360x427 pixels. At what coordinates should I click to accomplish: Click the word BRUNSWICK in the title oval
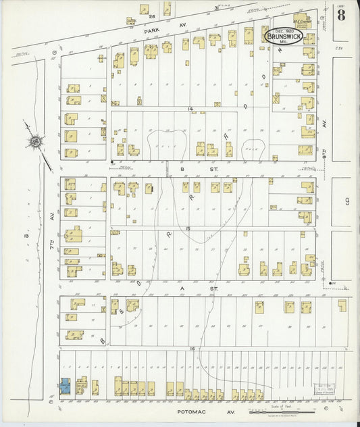[x=282, y=36]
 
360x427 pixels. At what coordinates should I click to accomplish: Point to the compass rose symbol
[x=33, y=142]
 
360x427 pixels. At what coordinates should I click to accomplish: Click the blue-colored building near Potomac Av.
[x=66, y=386]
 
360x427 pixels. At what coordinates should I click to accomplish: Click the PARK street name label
[x=149, y=30]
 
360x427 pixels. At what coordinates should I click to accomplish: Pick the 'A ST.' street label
[x=182, y=286]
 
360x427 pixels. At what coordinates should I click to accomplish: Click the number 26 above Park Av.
[x=152, y=15]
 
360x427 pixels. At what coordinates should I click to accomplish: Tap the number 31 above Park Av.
[x=216, y=8]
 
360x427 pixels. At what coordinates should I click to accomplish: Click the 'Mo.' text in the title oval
[x=282, y=42]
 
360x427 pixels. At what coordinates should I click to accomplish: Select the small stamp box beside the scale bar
[x=324, y=391]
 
